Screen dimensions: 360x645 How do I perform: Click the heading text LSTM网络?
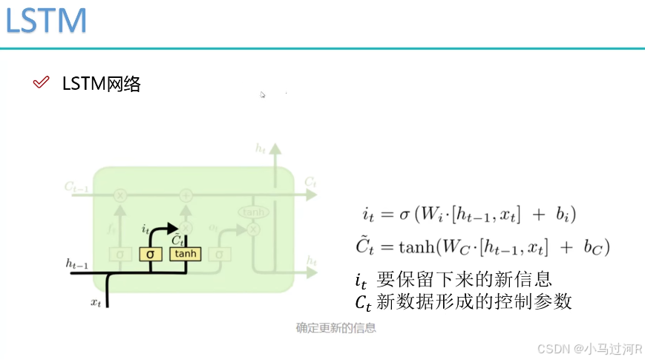point(102,83)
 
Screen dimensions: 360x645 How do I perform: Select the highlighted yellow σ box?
point(151,254)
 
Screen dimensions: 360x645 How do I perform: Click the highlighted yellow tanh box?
point(186,254)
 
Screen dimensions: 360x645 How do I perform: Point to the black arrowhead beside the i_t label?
point(172,229)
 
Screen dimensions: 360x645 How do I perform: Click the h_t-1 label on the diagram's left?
point(77,264)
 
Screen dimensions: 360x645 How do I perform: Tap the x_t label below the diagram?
point(95,301)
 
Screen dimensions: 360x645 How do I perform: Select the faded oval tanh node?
point(253,212)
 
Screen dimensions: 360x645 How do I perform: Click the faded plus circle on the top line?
point(186,195)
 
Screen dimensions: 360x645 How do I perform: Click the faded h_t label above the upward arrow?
point(261,149)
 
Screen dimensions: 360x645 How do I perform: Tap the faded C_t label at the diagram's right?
point(310,181)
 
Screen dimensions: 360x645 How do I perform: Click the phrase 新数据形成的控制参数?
point(475,302)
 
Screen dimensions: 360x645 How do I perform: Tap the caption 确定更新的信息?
point(335,327)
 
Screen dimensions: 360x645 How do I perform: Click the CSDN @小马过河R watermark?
point(589,348)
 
